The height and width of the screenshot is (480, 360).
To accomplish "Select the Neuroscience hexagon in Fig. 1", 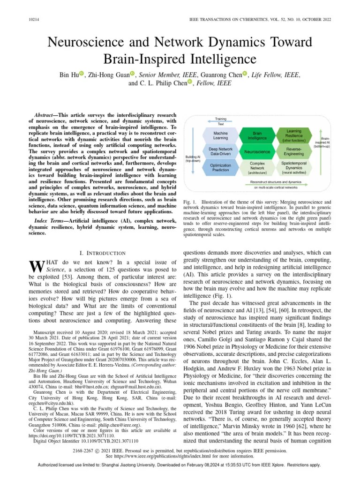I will pos(257,152).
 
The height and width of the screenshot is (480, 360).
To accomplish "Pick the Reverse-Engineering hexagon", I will pos(293,151).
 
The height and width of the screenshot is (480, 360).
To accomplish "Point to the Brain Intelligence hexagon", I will pos(257,135).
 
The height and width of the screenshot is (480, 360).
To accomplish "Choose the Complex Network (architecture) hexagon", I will pos(257,168).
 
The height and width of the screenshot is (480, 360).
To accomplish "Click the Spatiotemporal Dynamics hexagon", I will pos(293,168).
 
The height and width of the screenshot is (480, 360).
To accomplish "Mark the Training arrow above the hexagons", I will pos(220,121).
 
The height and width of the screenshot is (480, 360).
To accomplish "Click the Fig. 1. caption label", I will pos(189,202).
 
